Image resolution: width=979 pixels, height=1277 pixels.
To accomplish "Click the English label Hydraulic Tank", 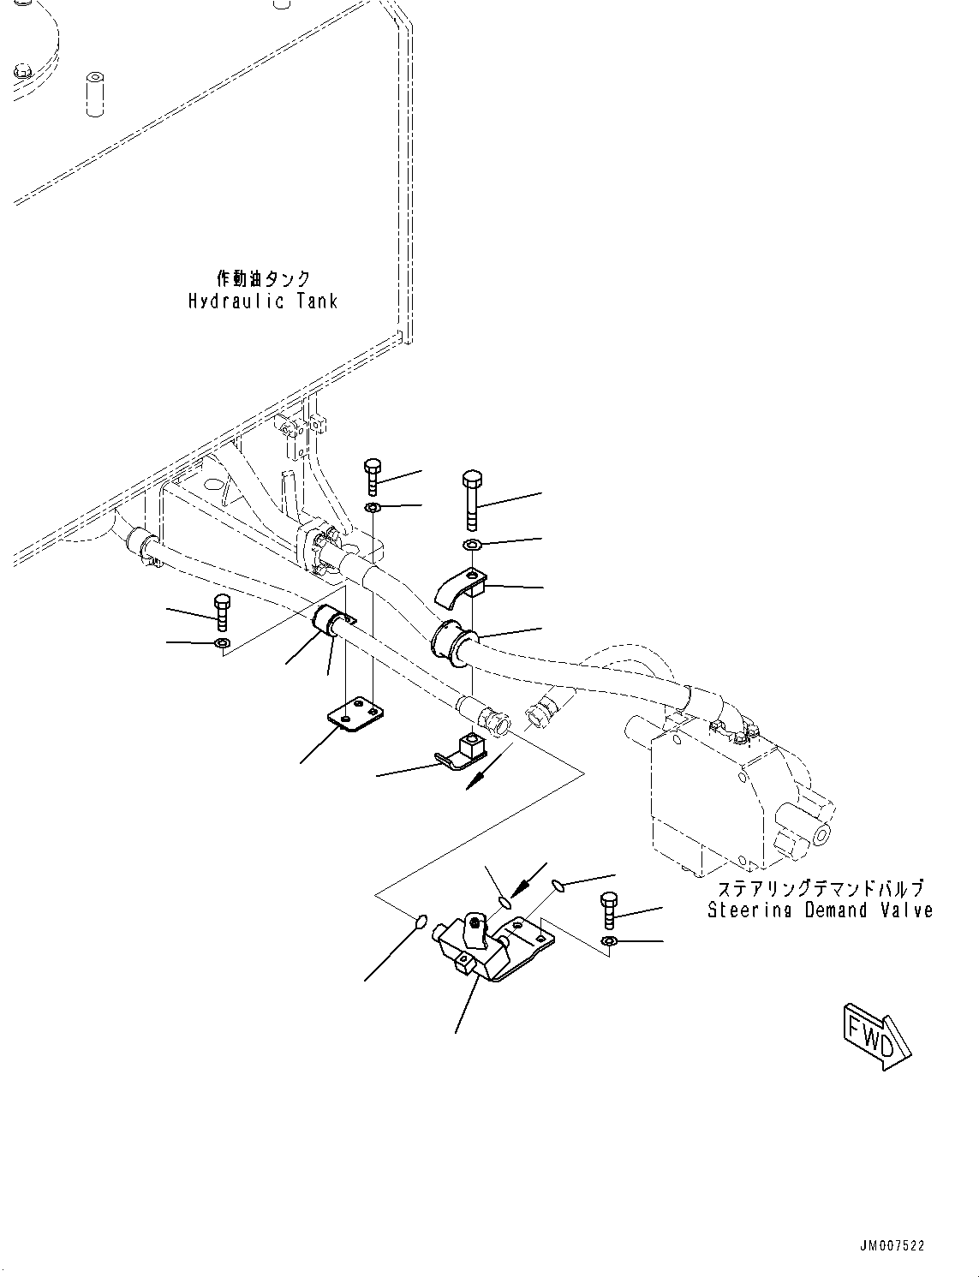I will click(263, 301).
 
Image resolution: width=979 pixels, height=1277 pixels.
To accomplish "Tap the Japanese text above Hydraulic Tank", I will click(263, 278).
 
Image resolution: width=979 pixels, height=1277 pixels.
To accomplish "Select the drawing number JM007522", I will click(893, 1246).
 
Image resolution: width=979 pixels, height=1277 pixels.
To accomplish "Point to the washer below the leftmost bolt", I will click(222, 643).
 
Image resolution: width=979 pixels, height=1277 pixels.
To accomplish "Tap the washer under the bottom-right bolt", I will click(608, 943).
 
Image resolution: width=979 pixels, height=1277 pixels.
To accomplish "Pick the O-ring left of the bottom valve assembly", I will click(421, 922).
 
